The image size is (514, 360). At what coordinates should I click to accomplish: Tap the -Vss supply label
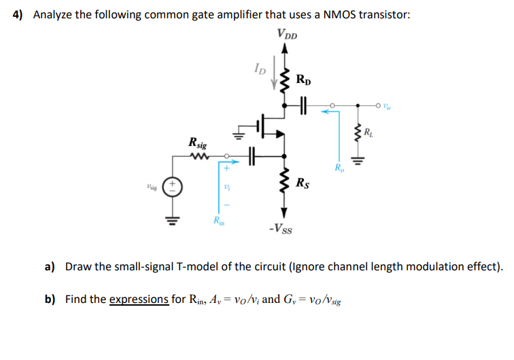(x=281, y=228)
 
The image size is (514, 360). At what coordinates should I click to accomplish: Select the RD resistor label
(x=305, y=80)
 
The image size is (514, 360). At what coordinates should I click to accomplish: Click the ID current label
(x=260, y=68)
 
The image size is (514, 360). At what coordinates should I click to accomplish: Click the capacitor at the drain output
(x=303, y=105)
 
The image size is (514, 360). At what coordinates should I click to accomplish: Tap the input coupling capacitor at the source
(x=251, y=155)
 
